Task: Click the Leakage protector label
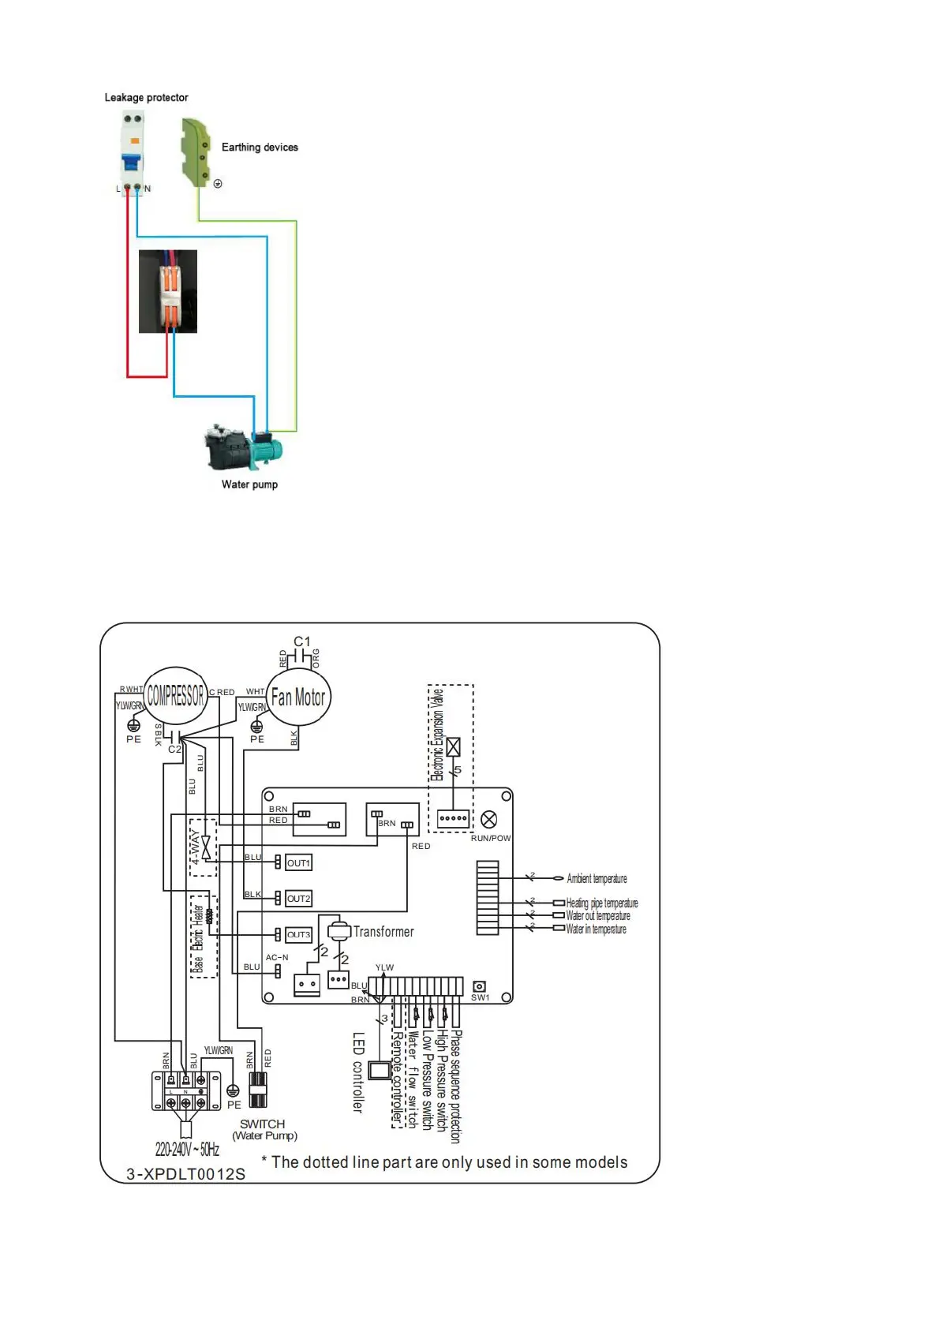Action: click(146, 98)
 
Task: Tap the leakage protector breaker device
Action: click(133, 150)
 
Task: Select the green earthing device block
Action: click(195, 151)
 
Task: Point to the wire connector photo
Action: click(168, 291)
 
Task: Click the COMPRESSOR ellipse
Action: click(175, 696)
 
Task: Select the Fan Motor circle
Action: click(297, 698)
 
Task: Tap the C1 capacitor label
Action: click(302, 642)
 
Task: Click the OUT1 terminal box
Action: click(298, 862)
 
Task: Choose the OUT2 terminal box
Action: click(298, 898)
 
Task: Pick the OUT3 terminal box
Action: click(298, 934)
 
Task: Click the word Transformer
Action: click(383, 932)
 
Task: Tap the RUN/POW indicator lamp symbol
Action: click(489, 819)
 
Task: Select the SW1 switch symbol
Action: click(479, 986)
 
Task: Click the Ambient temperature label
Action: click(597, 878)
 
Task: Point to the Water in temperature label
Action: click(596, 929)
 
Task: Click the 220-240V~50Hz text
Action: click(187, 1149)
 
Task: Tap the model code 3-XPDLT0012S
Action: click(186, 1174)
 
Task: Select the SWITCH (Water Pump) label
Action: click(264, 1129)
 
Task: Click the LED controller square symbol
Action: click(380, 1070)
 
